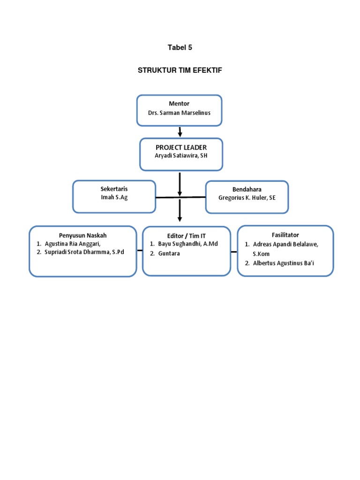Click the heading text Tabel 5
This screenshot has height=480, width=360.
[x=180, y=47]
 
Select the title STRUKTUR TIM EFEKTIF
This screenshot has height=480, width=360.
[x=180, y=70]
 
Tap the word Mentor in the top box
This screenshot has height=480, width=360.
[x=179, y=103]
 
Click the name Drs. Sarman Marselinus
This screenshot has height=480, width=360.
[x=179, y=113]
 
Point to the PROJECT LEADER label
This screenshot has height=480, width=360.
[x=181, y=148]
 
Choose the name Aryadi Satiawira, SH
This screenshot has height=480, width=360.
[x=181, y=156]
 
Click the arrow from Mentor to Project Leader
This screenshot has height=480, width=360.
[x=180, y=132]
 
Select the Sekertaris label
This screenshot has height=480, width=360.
[x=114, y=188]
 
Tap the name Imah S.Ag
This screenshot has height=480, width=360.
[x=114, y=197]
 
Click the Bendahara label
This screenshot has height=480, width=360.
[x=247, y=189]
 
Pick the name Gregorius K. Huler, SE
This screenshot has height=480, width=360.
[x=247, y=197]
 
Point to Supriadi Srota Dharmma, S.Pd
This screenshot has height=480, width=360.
[x=84, y=252]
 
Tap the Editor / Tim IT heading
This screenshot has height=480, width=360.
[x=187, y=236]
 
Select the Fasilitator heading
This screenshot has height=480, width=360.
[x=285, y=235]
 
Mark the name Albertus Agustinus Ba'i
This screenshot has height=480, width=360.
[x=283, y=263]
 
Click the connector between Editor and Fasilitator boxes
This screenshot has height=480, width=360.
[x=233, y=252]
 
